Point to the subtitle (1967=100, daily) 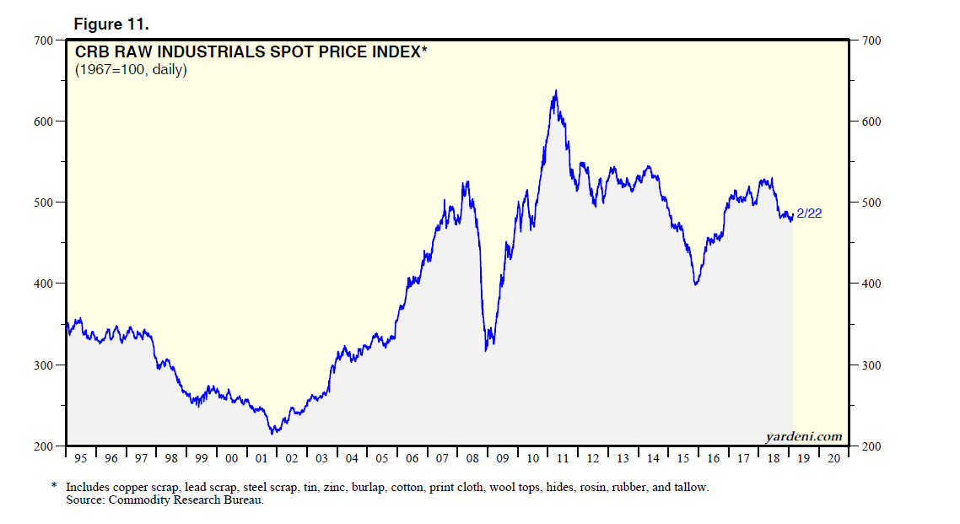coord(131,69)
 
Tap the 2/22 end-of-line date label coord(809,213)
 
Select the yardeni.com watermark coord(803,435)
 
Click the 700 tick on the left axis coord(43,40)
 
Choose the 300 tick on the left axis coord(43,365)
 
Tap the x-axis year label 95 coord(81,458)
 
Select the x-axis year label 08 coord(472,458)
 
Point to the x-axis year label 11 coord(563,458)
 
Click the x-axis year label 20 coord(833,458)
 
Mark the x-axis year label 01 coord(262,458)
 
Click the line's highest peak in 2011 coord(555,90)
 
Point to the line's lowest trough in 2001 coord(272,434)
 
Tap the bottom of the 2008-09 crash coord(487,350)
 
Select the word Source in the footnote coord(84,500)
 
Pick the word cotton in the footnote coord(407,488)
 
